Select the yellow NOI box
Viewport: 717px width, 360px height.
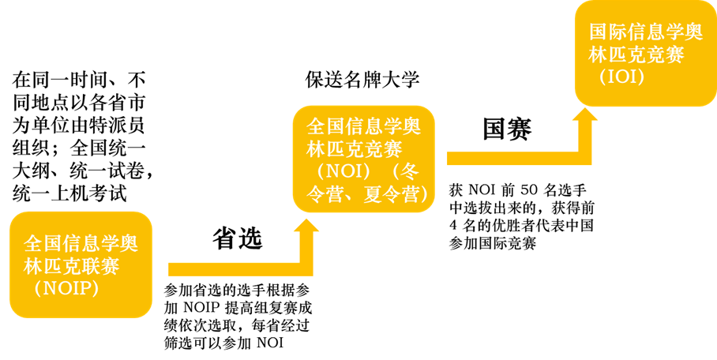pos(364,159)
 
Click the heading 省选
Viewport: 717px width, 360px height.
pos(237,238)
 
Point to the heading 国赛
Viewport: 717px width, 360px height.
pos(507,129)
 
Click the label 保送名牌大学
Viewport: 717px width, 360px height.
pos(362,80)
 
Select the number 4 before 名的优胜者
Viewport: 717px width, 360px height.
pos(453,226)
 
